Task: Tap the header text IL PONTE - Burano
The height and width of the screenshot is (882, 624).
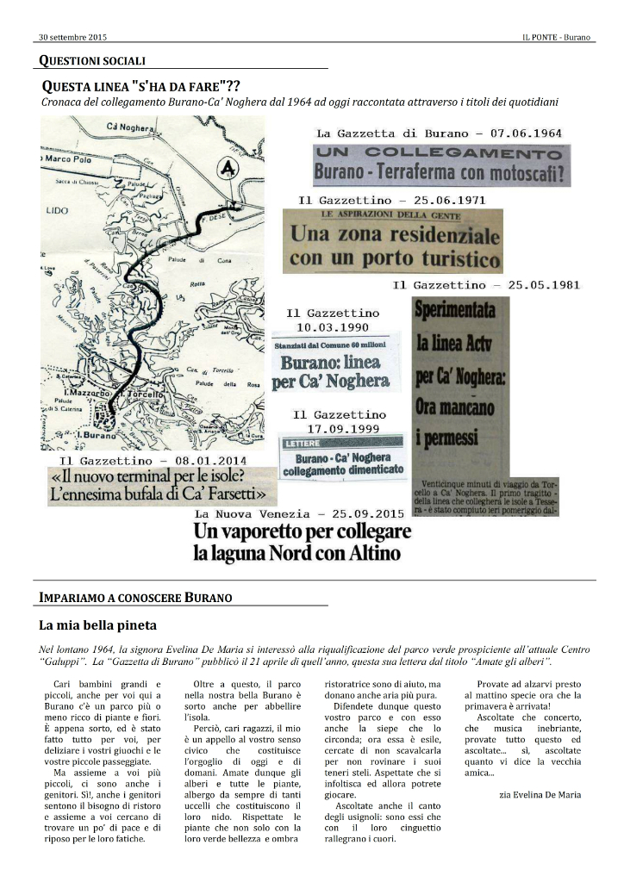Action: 557,38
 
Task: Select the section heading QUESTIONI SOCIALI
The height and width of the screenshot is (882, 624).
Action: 92,60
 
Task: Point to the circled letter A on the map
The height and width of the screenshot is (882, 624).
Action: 228,169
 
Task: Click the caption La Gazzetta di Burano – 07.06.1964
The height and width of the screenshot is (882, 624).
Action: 439,134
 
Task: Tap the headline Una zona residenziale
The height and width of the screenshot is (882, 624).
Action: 395,233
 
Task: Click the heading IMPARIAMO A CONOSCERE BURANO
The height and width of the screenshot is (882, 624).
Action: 134,597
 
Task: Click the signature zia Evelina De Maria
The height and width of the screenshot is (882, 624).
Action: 540,794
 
